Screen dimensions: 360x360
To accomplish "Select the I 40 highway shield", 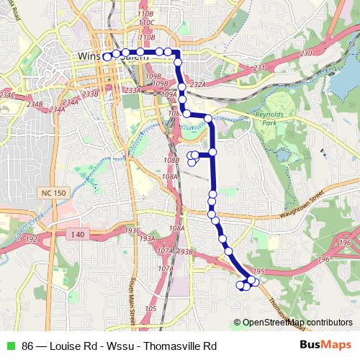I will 78,234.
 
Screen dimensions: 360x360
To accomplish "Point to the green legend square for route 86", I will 10,345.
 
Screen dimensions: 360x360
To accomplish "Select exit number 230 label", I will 305,53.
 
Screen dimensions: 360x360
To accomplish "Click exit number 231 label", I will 260,68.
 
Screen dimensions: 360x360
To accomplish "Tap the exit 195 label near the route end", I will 260,271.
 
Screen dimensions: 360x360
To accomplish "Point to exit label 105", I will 150,308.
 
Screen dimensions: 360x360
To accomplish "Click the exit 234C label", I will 7,94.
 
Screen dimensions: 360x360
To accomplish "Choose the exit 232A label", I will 198,84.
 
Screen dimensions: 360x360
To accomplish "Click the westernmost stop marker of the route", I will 107,56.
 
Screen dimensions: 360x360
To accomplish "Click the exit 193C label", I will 132,230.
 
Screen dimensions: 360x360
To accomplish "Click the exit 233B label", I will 90,94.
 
